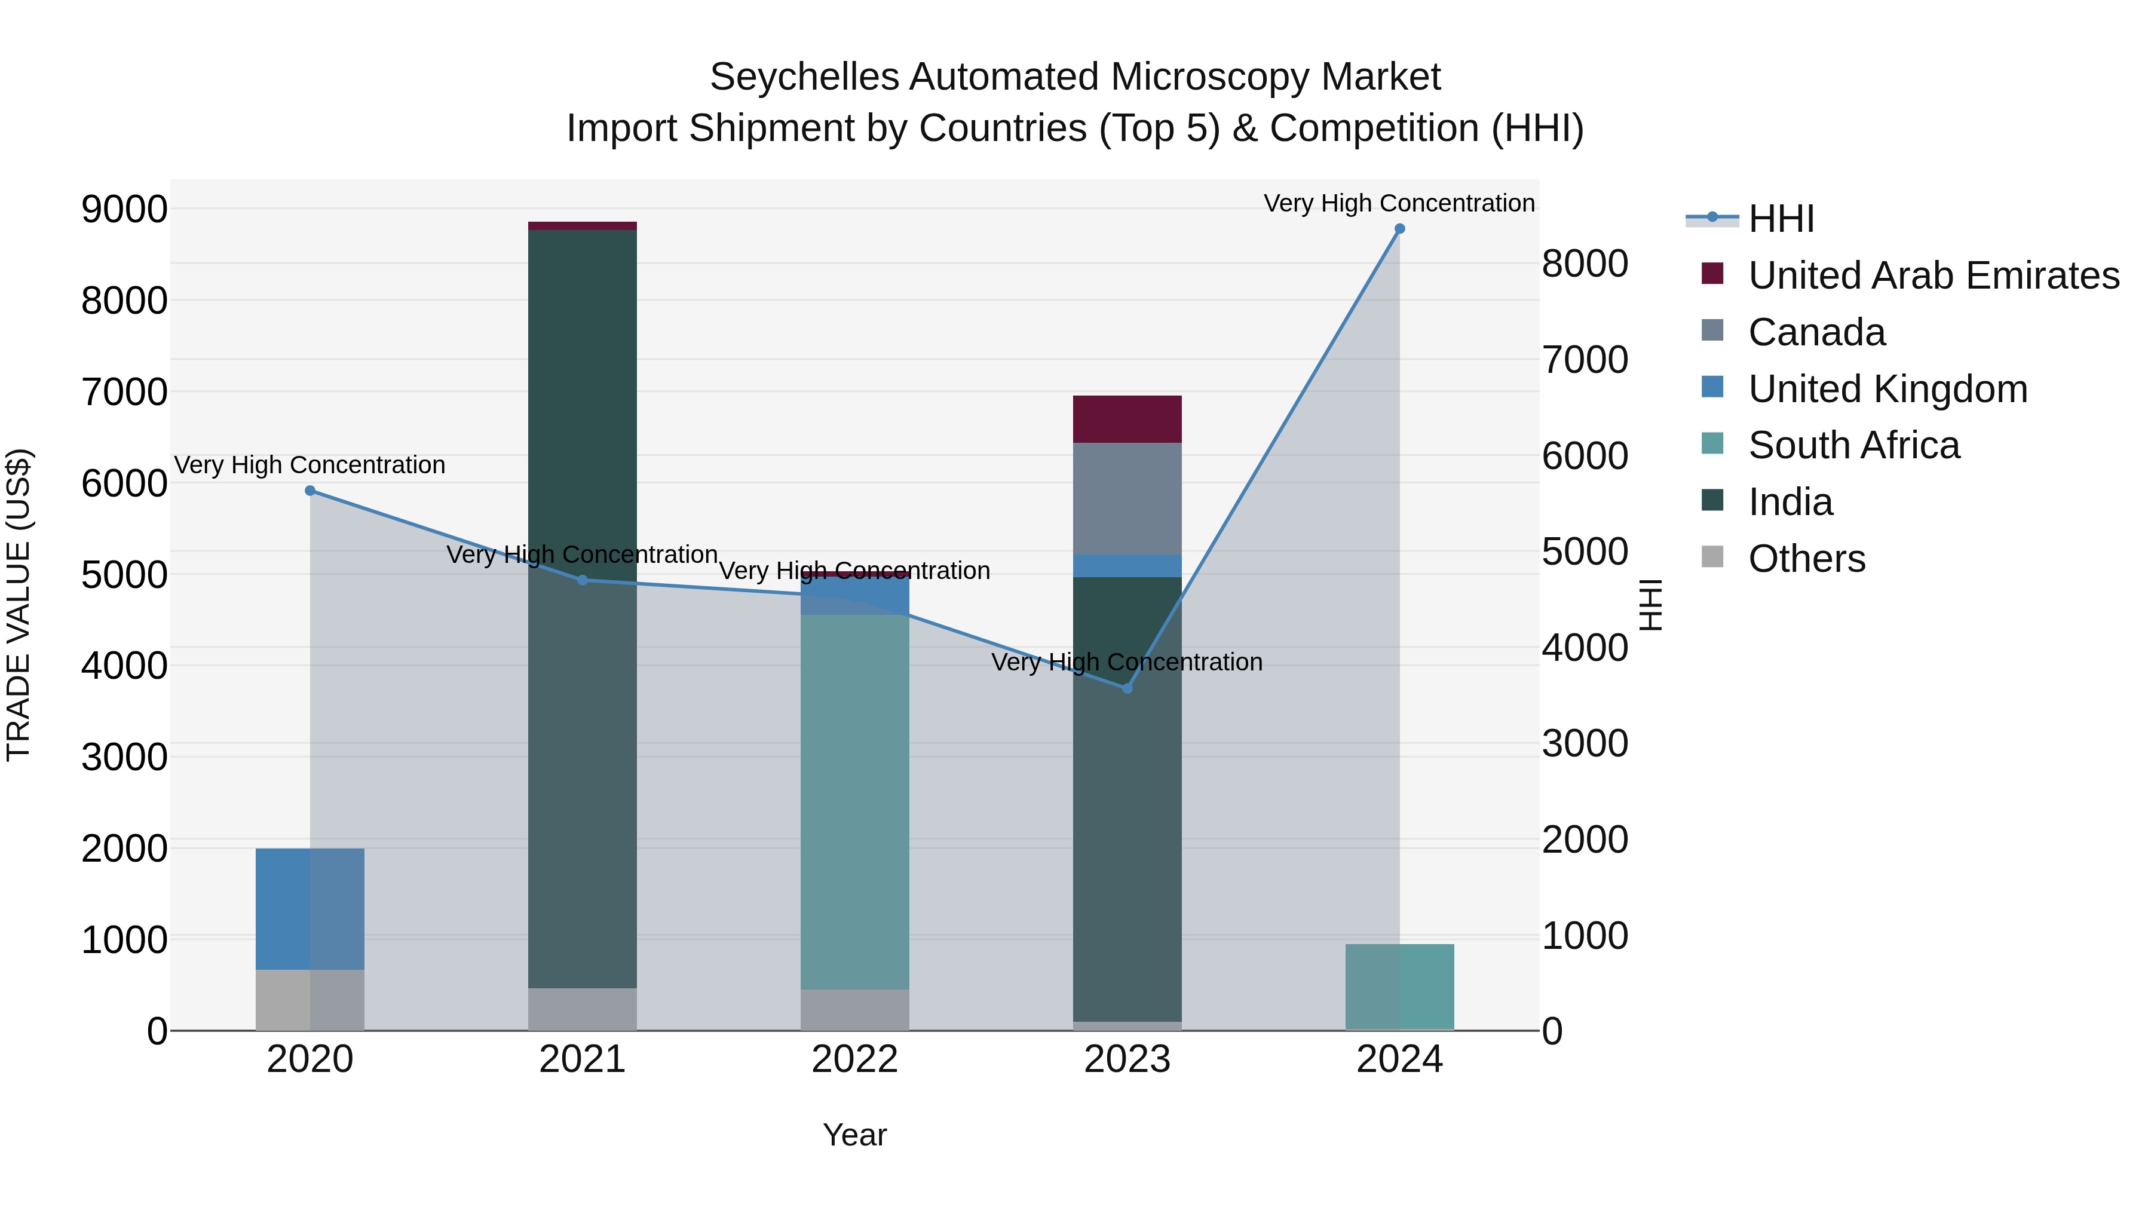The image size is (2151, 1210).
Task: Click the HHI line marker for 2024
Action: click(1399, 229)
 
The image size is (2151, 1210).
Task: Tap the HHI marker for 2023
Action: click(1126, 688)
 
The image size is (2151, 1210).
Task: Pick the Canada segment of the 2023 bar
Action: click(1126, 498)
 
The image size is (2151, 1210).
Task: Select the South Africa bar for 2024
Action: click(1399, 987)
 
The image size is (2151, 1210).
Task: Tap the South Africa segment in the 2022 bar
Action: click(854, 802)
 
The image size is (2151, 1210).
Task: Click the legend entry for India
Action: click(1790, 502)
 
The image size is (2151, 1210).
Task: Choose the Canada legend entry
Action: click(1816, 332)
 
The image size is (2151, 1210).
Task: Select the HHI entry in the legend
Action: click(1781, 219)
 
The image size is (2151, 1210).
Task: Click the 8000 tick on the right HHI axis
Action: click(1584, 264)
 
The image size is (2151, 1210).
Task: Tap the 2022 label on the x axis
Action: click(854, 1059)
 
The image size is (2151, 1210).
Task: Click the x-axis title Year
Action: click(854, 1135)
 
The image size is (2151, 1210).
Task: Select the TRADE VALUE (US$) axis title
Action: click(19, 605)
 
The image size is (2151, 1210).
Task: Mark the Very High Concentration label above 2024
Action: click(1399, 203)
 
